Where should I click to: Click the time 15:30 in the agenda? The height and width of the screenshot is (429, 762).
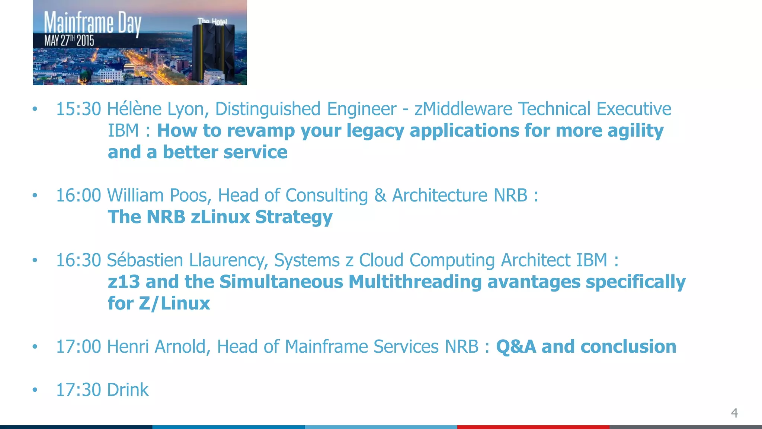pos(78,109)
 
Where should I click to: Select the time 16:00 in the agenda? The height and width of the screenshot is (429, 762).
pos(78,196)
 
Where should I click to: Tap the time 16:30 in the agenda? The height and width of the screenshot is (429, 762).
pos(78,260)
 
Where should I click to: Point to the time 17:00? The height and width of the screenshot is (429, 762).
pos(78,347)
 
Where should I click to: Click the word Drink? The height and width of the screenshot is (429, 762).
pos(128,390)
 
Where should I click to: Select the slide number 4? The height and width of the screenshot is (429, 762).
pos(734,413)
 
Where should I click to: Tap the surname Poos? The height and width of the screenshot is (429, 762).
pos(190,196)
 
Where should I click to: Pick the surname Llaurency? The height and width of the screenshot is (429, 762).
pos(228,260)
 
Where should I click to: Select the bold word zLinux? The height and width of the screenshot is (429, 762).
pos(220,217)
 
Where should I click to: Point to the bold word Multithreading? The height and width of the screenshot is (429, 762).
pos(415,282)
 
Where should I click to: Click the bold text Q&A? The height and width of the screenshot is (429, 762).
pos(516,347)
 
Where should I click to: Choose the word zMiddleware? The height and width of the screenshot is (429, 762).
pos(463,109)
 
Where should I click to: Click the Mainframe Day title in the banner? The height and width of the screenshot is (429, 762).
pos(93,23)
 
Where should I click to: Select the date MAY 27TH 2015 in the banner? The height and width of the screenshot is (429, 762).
pos(69,41)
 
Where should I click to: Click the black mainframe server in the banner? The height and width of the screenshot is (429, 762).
pos(213,52)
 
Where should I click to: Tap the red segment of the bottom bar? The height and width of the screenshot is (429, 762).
pos(533,427)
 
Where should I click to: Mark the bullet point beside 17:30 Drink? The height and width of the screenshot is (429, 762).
pos(35,390)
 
